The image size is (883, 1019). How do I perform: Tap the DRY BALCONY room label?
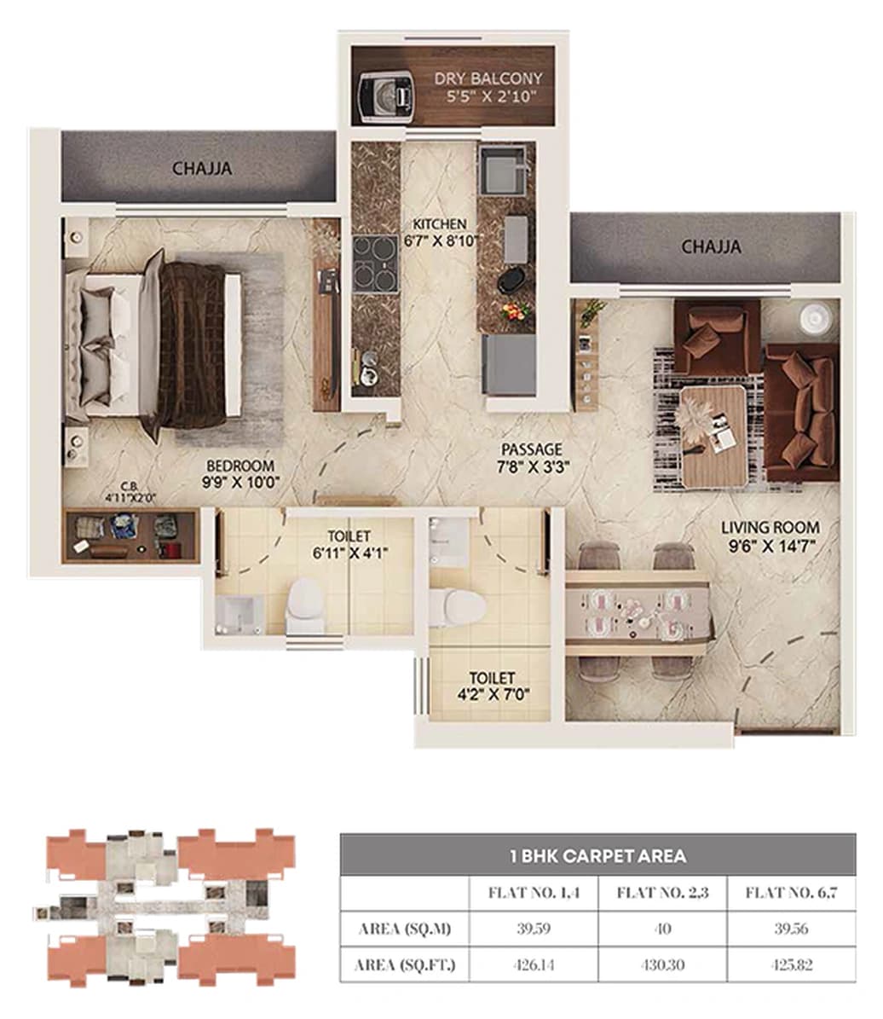point(488,87)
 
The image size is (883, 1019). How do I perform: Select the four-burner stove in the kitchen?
point(375,263)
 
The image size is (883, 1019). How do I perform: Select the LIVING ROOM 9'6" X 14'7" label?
point(770,536)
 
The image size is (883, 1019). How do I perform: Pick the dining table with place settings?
point(638,611)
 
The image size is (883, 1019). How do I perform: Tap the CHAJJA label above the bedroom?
point(202,168)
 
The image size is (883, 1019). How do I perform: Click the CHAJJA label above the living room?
point(711,247)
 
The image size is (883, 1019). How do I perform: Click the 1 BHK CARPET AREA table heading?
point(597,854)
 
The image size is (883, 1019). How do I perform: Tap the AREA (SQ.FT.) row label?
point(405,965)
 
